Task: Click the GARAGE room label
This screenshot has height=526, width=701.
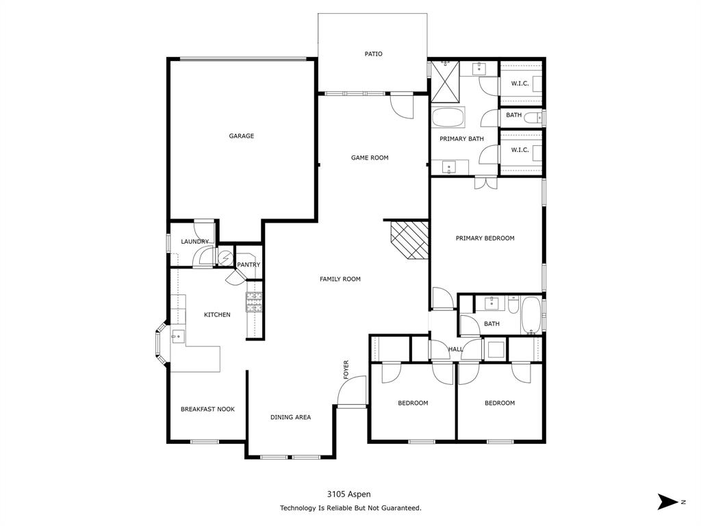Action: click(x=241, y=136)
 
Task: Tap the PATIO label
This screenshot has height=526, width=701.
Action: click(x=373, y=54)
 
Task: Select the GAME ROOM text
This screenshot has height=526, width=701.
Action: click(x=370, y=158)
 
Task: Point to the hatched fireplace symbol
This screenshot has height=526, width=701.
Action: click(x=409, y=240)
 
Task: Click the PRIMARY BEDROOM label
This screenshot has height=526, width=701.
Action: click(x=485, y=238)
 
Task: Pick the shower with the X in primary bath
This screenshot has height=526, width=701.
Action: click(x=444, y=82)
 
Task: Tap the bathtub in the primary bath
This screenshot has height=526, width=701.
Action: click(x=448, y=118)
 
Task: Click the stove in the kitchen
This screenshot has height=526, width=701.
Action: click(x=255, y=301)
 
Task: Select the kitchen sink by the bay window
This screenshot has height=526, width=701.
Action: click(x=178, y=336)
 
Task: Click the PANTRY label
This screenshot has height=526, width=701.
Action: click(x=248, y=265)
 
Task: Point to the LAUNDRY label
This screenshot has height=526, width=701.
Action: click(x=195, y=242)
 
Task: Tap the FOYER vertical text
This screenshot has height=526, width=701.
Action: click(x=346, y=370)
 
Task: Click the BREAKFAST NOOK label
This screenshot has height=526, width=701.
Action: click(x=207, y=410)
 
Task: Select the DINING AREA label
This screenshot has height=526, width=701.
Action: click(x=290, y=417)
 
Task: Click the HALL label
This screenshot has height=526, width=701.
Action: click(x=455, y=349)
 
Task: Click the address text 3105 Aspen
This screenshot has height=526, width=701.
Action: click(x=349, y=494)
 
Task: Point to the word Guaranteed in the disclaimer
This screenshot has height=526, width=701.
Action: click(x=400, y=508)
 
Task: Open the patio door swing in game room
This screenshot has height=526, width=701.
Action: click(x=401, y=105)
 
